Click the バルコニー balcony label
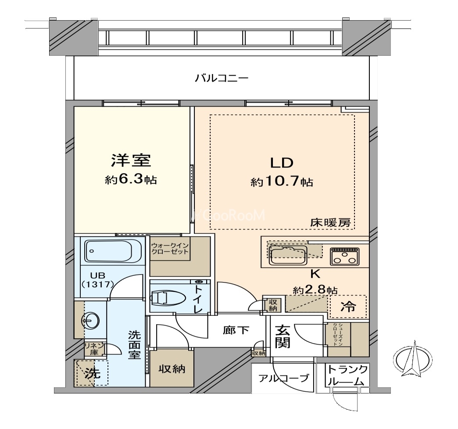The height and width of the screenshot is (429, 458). click(x=222, y=79)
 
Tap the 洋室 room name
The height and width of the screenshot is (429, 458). click(x=131, y=161)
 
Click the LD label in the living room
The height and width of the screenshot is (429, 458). click(x=281, y=163)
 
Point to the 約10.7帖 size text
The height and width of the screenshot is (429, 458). click(x=282, y=182)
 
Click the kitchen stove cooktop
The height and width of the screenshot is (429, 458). click(x=345, y=256)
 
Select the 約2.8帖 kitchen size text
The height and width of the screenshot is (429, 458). click(x=315, y=290)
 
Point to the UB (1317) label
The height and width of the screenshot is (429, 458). click(x=97, y=279)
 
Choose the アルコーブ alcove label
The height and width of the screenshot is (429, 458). click(x=283, y=378)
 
